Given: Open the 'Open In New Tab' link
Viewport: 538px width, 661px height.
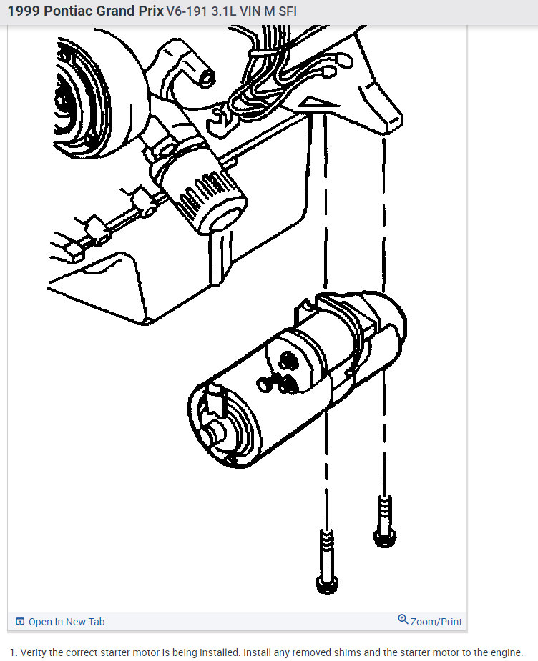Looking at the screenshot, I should point(66,622).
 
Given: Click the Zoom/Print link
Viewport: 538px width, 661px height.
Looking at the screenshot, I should point(436,622).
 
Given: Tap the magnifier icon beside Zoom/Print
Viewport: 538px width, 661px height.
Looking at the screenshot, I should point(403,620).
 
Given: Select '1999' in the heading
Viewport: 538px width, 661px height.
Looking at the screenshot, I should point(23,11).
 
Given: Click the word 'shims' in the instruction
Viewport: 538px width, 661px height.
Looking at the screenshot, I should point(345,652).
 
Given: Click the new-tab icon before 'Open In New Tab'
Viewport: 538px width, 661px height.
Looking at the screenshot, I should point(20,622).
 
